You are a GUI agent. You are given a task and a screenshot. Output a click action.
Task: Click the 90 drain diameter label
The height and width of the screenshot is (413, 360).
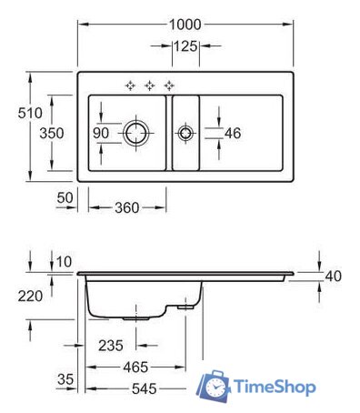[x=100, y=133]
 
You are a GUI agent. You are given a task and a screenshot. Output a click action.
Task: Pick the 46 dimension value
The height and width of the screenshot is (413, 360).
[x=232, y=133]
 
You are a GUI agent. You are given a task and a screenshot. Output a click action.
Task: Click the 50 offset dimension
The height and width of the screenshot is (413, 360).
[x=64, y=197]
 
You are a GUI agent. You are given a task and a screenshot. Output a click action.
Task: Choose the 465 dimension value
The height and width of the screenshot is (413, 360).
[x=135, y=368]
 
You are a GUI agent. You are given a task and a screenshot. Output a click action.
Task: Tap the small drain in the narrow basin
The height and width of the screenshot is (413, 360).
[x=185, y=133]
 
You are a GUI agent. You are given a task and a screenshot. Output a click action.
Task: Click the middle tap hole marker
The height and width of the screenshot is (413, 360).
[x=149, y=86]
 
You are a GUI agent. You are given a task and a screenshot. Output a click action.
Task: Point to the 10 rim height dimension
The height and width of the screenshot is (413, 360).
[x=62, y=262]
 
